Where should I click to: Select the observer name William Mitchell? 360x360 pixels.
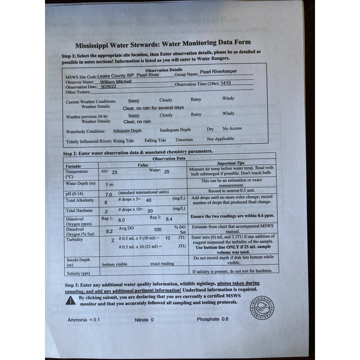coord(116,82)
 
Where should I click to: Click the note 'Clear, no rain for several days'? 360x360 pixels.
coord(153,108)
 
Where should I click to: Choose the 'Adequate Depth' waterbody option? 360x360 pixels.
coord(127,131)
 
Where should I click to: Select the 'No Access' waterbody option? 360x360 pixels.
coord(232,128)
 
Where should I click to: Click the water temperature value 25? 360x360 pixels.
coord(166,171)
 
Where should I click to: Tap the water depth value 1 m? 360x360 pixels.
coord(109,184)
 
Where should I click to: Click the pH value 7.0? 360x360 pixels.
coord(108,194)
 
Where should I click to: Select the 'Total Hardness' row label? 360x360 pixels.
coord(79,210)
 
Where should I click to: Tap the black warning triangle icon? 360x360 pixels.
coord(71,301)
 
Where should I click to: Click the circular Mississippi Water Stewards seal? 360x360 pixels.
coord(261,310)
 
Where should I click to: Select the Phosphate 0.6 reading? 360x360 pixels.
coord(212,319)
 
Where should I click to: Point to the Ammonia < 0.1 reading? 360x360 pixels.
coord(83,320)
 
